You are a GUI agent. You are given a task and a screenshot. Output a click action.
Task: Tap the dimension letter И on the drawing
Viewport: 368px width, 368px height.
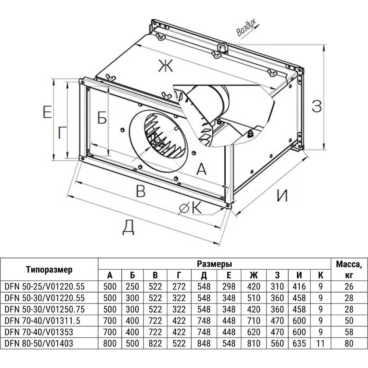click(282, 195)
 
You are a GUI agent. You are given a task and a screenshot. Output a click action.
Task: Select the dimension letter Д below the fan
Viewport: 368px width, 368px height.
click(128, 228)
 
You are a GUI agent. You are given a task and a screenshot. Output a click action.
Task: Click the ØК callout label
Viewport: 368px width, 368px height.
click(191, 209)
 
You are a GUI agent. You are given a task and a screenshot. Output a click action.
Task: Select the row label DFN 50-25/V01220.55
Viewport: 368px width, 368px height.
click(43, 286)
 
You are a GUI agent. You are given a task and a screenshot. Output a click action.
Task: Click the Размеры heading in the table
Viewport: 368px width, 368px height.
click(214, 264)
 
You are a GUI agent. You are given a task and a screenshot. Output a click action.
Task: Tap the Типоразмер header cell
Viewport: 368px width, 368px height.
click(49, 269)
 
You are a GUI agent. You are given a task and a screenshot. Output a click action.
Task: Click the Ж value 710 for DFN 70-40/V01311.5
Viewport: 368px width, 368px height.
click(253, 321)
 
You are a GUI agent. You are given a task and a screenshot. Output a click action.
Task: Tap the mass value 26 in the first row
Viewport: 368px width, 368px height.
click(349, 286)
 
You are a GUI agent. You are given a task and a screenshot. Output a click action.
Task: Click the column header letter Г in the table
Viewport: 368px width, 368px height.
click(180, 275)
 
